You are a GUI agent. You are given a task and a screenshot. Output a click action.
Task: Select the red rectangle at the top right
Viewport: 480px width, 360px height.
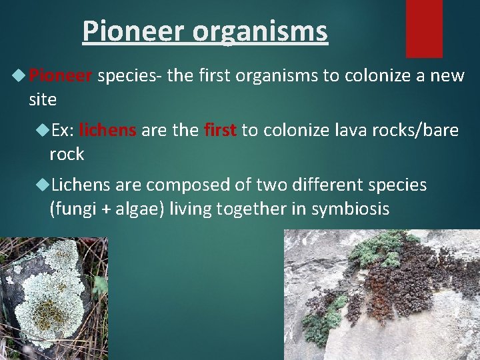pos(424,28)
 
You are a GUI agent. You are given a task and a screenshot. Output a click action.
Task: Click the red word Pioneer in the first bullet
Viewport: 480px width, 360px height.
pos(61,76)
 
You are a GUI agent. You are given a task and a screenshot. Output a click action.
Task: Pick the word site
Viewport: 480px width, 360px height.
pos(43,100)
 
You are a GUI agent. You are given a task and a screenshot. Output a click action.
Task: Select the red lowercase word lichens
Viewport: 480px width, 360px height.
pos(107,130)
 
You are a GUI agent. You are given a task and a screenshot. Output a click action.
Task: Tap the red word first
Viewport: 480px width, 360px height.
pos(221,130)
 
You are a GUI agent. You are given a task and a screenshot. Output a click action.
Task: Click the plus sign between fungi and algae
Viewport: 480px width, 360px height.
pos(106,209)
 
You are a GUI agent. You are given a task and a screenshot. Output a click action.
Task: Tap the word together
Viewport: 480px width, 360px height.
pos(249,209)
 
